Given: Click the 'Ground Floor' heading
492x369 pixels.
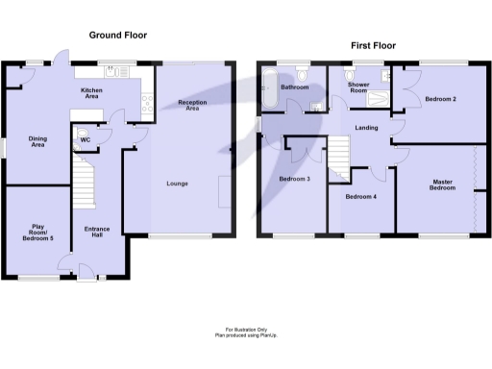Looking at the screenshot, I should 117,36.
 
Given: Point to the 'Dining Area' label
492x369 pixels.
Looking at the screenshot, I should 37,141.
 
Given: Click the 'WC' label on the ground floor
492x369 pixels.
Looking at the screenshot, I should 86,141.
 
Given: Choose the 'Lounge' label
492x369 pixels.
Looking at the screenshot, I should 177,183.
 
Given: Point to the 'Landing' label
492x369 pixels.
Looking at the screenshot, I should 364,128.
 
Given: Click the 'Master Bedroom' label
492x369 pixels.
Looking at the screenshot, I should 442,184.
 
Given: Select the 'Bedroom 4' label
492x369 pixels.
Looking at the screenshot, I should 360,197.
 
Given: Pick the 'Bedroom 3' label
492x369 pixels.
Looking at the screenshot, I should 294,178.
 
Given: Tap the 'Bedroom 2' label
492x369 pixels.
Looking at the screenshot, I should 440,99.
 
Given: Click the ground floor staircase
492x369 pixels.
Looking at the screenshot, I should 85,181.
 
